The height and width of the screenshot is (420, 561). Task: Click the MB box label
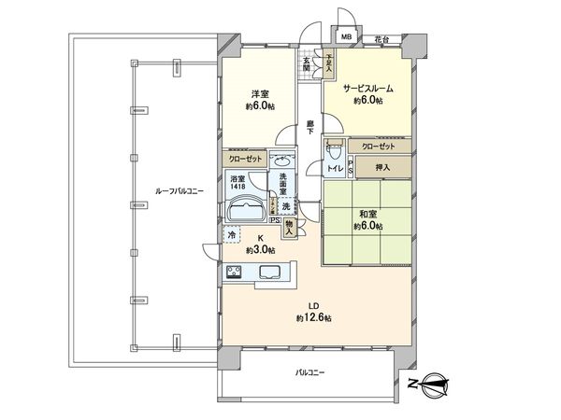(347, 37)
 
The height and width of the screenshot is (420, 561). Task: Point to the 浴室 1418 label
(238, 183)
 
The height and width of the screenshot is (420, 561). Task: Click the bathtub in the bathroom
(245, 209)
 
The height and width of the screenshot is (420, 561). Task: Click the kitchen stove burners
(234, 272)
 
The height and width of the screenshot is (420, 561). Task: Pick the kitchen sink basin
(270, 273)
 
